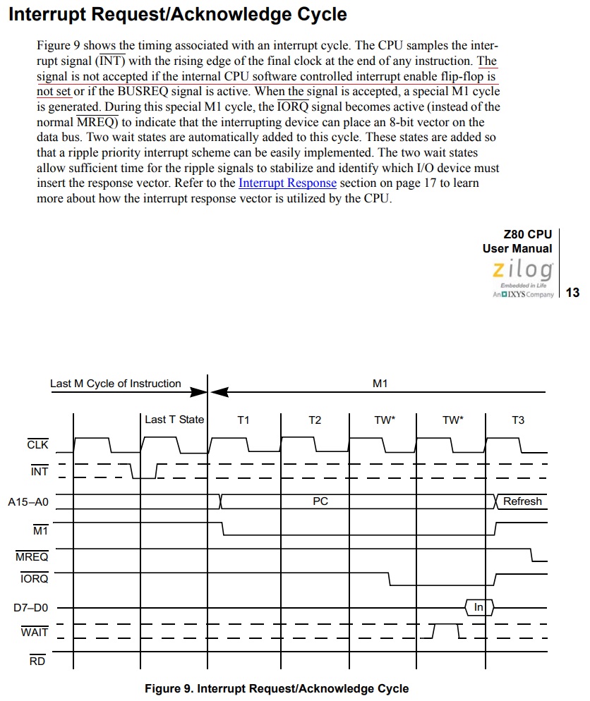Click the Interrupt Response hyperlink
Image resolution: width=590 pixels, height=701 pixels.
point(287,183)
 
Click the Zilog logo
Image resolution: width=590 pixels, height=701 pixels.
point(523,270)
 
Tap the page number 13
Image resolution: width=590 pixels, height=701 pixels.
point(572,293)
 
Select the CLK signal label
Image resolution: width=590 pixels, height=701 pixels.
point(37,445)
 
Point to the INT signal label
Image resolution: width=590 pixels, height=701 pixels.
point(40,470)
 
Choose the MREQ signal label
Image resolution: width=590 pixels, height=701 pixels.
point(32,557)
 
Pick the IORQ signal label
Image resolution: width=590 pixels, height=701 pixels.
point(34,579)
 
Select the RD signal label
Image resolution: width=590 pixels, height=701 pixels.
point(37,661)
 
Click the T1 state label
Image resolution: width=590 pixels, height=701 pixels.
point(243,420)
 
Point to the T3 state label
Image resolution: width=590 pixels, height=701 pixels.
point(518,420)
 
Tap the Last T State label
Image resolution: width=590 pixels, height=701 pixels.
point(174,420)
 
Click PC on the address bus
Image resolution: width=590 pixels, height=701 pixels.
point(320,501)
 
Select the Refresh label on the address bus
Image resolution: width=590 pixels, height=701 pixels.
point(522,501)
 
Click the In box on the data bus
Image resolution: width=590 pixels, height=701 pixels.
point(478,607)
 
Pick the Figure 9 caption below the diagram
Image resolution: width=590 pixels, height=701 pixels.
point(277,688)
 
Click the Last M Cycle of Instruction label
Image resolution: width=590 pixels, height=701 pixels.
point(116,384)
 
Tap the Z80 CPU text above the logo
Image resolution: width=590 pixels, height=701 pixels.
point(528,235)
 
